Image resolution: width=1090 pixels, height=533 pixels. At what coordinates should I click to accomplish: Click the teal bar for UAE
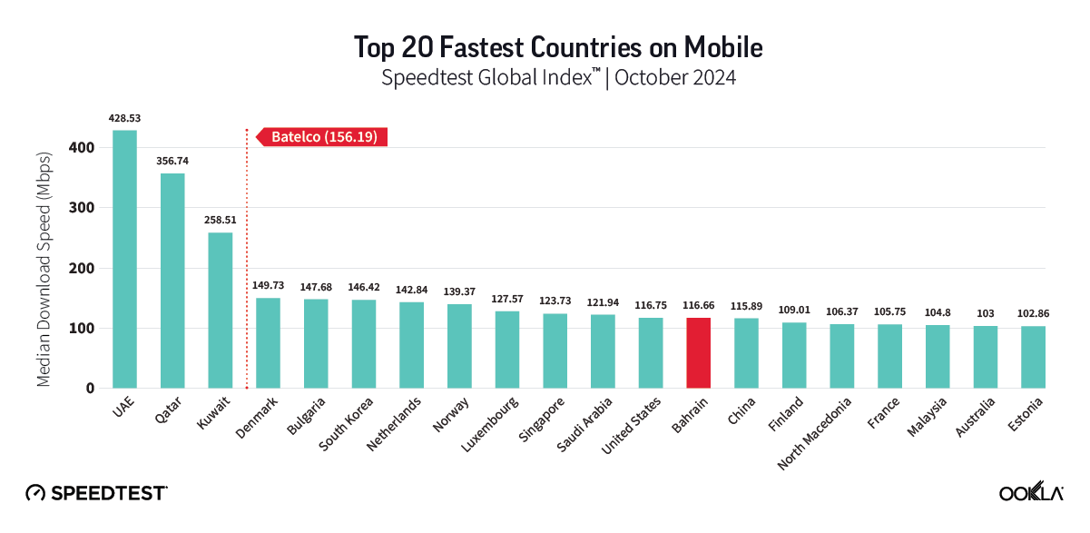pyautogui.click(x=124, y=259)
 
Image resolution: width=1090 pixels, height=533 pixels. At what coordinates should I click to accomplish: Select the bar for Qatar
pyautogui.click(x=172, y=281)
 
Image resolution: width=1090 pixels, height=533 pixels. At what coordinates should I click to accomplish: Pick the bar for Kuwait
pyautogui.click(x=221, y=311)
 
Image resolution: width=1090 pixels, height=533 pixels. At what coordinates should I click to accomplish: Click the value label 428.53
pyautogui.click(x=124, y=118)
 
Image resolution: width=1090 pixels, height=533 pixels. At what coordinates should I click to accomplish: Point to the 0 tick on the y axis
pyautogui.click(x=90, y=389)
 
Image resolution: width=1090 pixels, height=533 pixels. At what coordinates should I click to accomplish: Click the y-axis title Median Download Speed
pyautogui.click(x=44, y=268)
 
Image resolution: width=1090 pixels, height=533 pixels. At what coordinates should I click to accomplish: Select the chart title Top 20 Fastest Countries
pyautogui.click(x=545, y=45)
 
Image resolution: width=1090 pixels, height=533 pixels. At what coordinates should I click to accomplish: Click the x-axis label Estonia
pyautogui.click(x=1024, y=416)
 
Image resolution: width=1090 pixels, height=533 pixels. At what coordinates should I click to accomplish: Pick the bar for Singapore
pyautogui.click(x=555, y=350)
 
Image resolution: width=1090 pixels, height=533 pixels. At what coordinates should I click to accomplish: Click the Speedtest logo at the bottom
pyautogui.click(x=96, y=493)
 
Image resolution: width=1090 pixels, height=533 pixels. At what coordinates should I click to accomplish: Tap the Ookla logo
pyautogui.click(x=1031, y=493)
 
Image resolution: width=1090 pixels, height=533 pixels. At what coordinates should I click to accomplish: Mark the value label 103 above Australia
pyautogui.click(x=985, y=313)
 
